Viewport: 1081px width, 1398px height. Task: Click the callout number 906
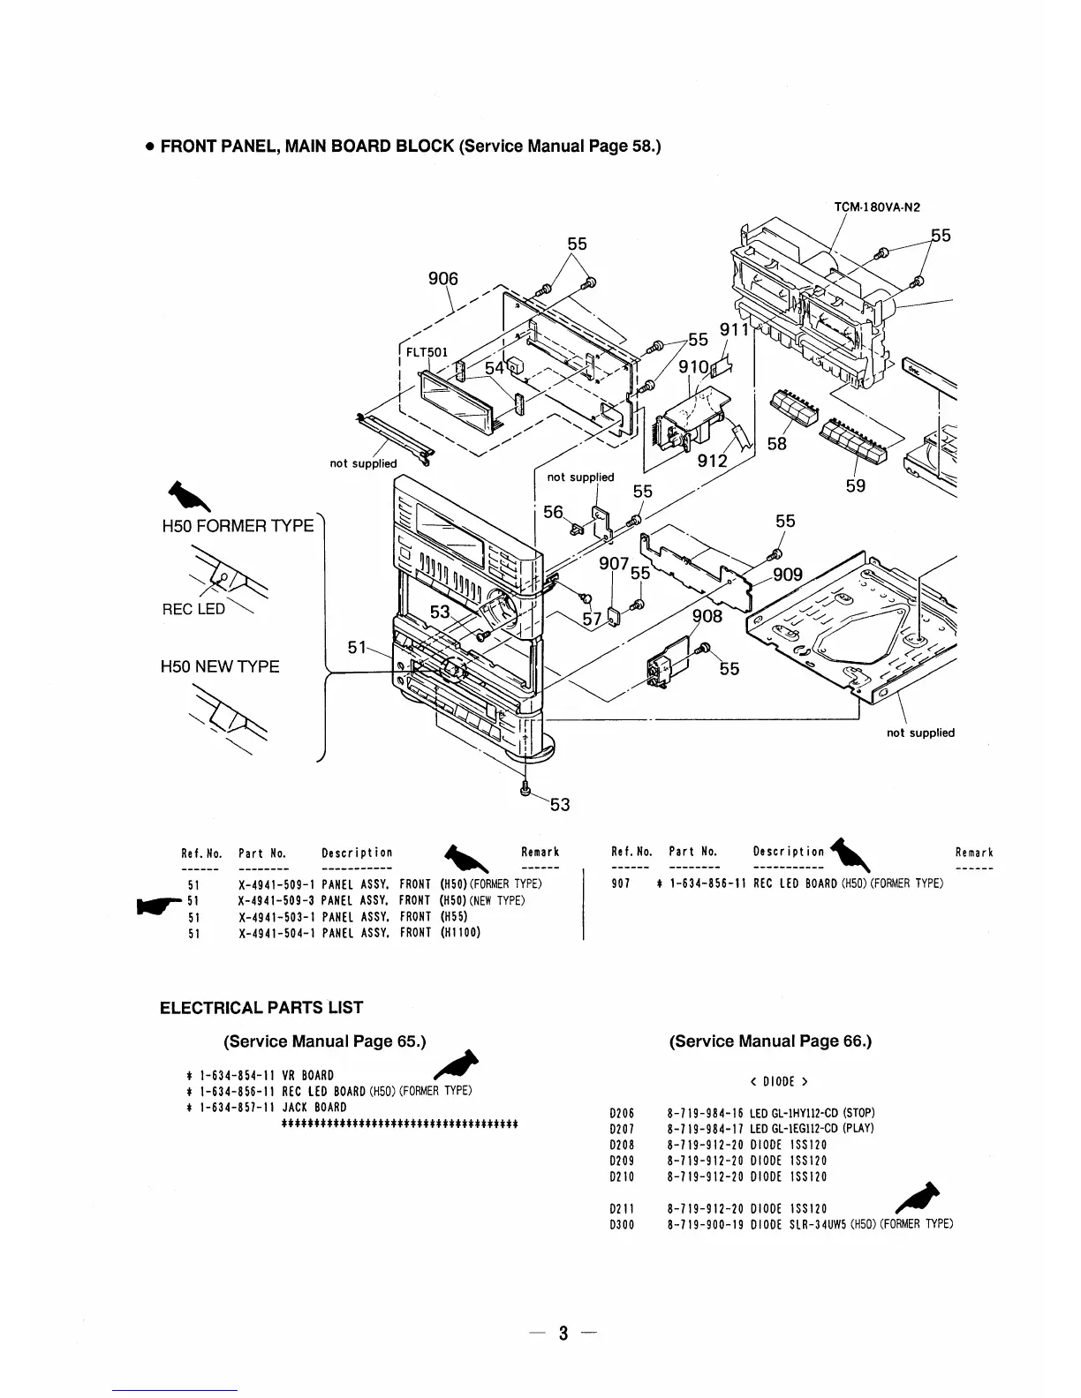tap(443, 279)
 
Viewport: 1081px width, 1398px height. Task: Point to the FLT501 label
tap(427, 351)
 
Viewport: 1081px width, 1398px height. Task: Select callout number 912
tap(712, 461)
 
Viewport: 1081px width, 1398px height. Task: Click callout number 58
tap(777, 444)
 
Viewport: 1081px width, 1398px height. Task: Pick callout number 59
tap(856, 485)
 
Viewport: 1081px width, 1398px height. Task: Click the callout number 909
tap(788, 575)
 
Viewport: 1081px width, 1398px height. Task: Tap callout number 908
tap(707, 616)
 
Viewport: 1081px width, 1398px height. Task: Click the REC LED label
tap(193, 609)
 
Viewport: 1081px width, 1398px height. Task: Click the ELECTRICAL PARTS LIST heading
tap(261, 1008)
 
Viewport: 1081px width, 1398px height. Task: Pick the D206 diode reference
tap(624, 1113)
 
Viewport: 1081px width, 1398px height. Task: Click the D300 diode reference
tap(624, 1224)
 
